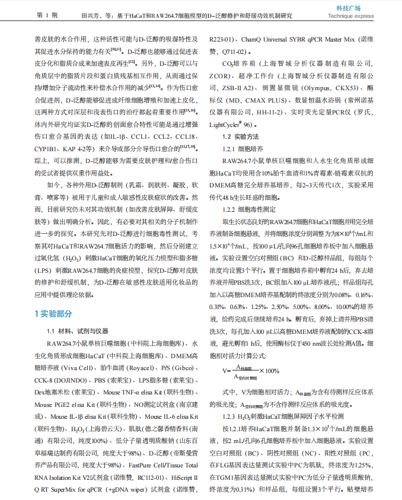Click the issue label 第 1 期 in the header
[x=47, y=14]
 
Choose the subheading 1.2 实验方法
[x=240, y=137]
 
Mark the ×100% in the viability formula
[x=269, y=371]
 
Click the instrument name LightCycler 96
[x=230, y=125]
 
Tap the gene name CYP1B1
[x=51, y=149]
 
